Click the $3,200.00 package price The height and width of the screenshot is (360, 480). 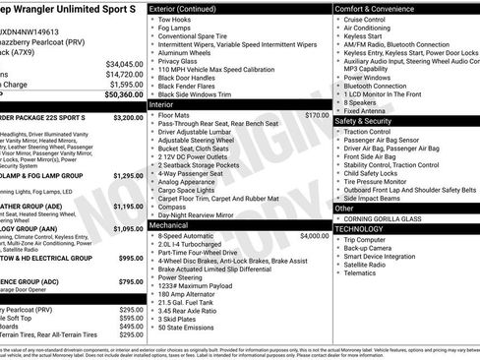point(128,116)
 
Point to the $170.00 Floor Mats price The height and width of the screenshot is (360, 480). point(317,115)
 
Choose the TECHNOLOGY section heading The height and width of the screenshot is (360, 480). point(360,227)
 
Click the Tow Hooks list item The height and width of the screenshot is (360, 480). point(174,20)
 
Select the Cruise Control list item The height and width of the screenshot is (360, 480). point(365,19)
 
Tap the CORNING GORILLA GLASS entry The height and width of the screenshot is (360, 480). point(386,217)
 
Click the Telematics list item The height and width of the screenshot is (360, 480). point(361,275)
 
